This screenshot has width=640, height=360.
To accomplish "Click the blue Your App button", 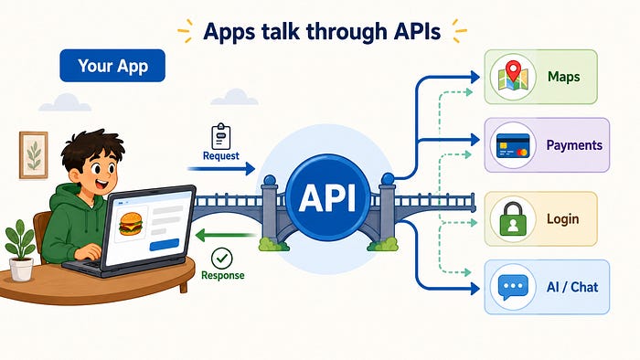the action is point(112,66).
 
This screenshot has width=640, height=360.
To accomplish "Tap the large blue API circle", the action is point(327,197).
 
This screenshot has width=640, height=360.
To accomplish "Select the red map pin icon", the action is point(513,70).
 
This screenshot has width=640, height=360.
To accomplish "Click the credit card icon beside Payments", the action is point(513,145).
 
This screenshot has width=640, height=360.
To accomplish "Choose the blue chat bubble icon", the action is point(513,287).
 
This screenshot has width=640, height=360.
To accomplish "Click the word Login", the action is point(563,219).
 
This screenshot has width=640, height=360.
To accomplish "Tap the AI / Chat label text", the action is point(572,287).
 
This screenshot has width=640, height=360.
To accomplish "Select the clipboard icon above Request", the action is point(221,136).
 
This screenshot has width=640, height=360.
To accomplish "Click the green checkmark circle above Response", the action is point(221,258).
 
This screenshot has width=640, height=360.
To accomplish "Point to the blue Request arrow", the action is point(221,168).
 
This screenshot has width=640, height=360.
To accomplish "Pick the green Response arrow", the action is point(225,235).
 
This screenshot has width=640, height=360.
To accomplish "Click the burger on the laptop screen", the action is point(131,224).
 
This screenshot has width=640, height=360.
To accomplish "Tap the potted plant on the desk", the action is point(20,250).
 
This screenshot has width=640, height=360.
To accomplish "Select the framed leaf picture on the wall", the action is point(34,155).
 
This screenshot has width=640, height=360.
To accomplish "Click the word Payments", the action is point(574,145).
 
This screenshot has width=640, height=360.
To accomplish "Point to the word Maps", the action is point(564,77).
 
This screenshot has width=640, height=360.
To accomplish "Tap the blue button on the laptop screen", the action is point(165,245).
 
